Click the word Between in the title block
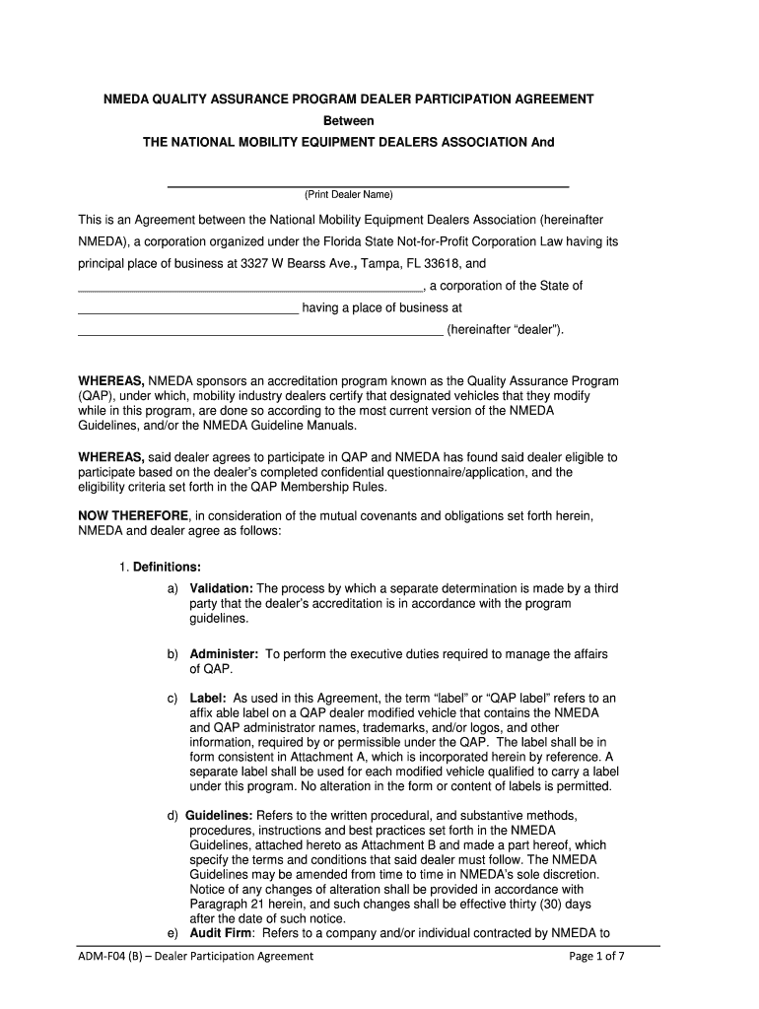(x=350, y=121)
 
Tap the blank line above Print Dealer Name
(x=368, y=185)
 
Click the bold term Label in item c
(x=209, y=698)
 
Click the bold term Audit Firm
(x=222, y=934)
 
